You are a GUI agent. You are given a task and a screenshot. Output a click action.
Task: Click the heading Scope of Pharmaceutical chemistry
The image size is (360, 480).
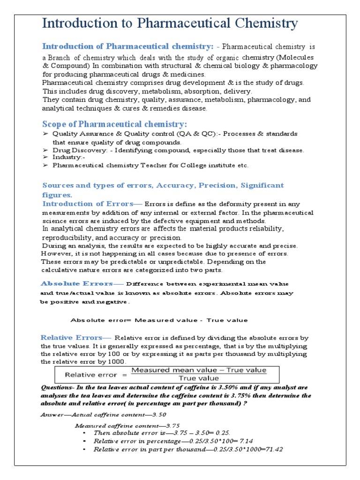(114, 124)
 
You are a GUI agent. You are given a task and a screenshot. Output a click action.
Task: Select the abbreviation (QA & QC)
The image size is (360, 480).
(194, 134)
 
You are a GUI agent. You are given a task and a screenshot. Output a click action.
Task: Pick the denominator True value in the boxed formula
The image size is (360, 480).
(199, 378)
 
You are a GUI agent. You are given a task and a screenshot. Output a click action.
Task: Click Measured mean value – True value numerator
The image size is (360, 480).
(199, 370)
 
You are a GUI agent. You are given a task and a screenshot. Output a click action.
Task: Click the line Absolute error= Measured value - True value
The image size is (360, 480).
(159, 320)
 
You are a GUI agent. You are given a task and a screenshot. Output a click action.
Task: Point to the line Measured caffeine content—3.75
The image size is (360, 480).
(127, 426)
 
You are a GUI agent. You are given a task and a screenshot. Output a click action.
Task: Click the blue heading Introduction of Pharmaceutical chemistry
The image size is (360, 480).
(128, 46)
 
